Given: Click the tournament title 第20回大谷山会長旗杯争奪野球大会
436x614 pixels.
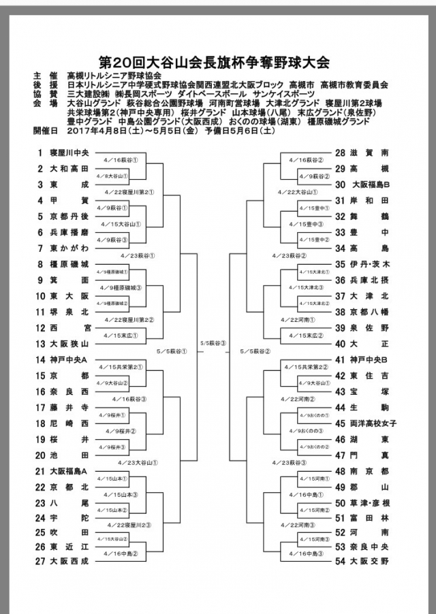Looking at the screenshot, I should click(x=217, y=63).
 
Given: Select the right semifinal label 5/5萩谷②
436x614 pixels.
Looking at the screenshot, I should click(x=256, y=351).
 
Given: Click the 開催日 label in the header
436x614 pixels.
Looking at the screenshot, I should click(x=42, y=129).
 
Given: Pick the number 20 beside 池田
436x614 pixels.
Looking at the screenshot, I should click(x=40, y=455).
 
